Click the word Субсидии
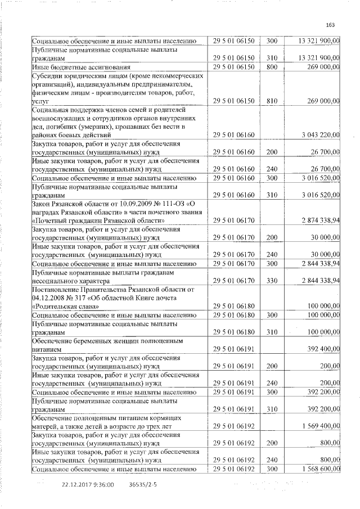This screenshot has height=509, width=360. pos(47,75)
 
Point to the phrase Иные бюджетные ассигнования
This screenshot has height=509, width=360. pos(76,67)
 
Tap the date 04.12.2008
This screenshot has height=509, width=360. pos(49,298)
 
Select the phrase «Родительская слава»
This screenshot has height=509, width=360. pos(66,306)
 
